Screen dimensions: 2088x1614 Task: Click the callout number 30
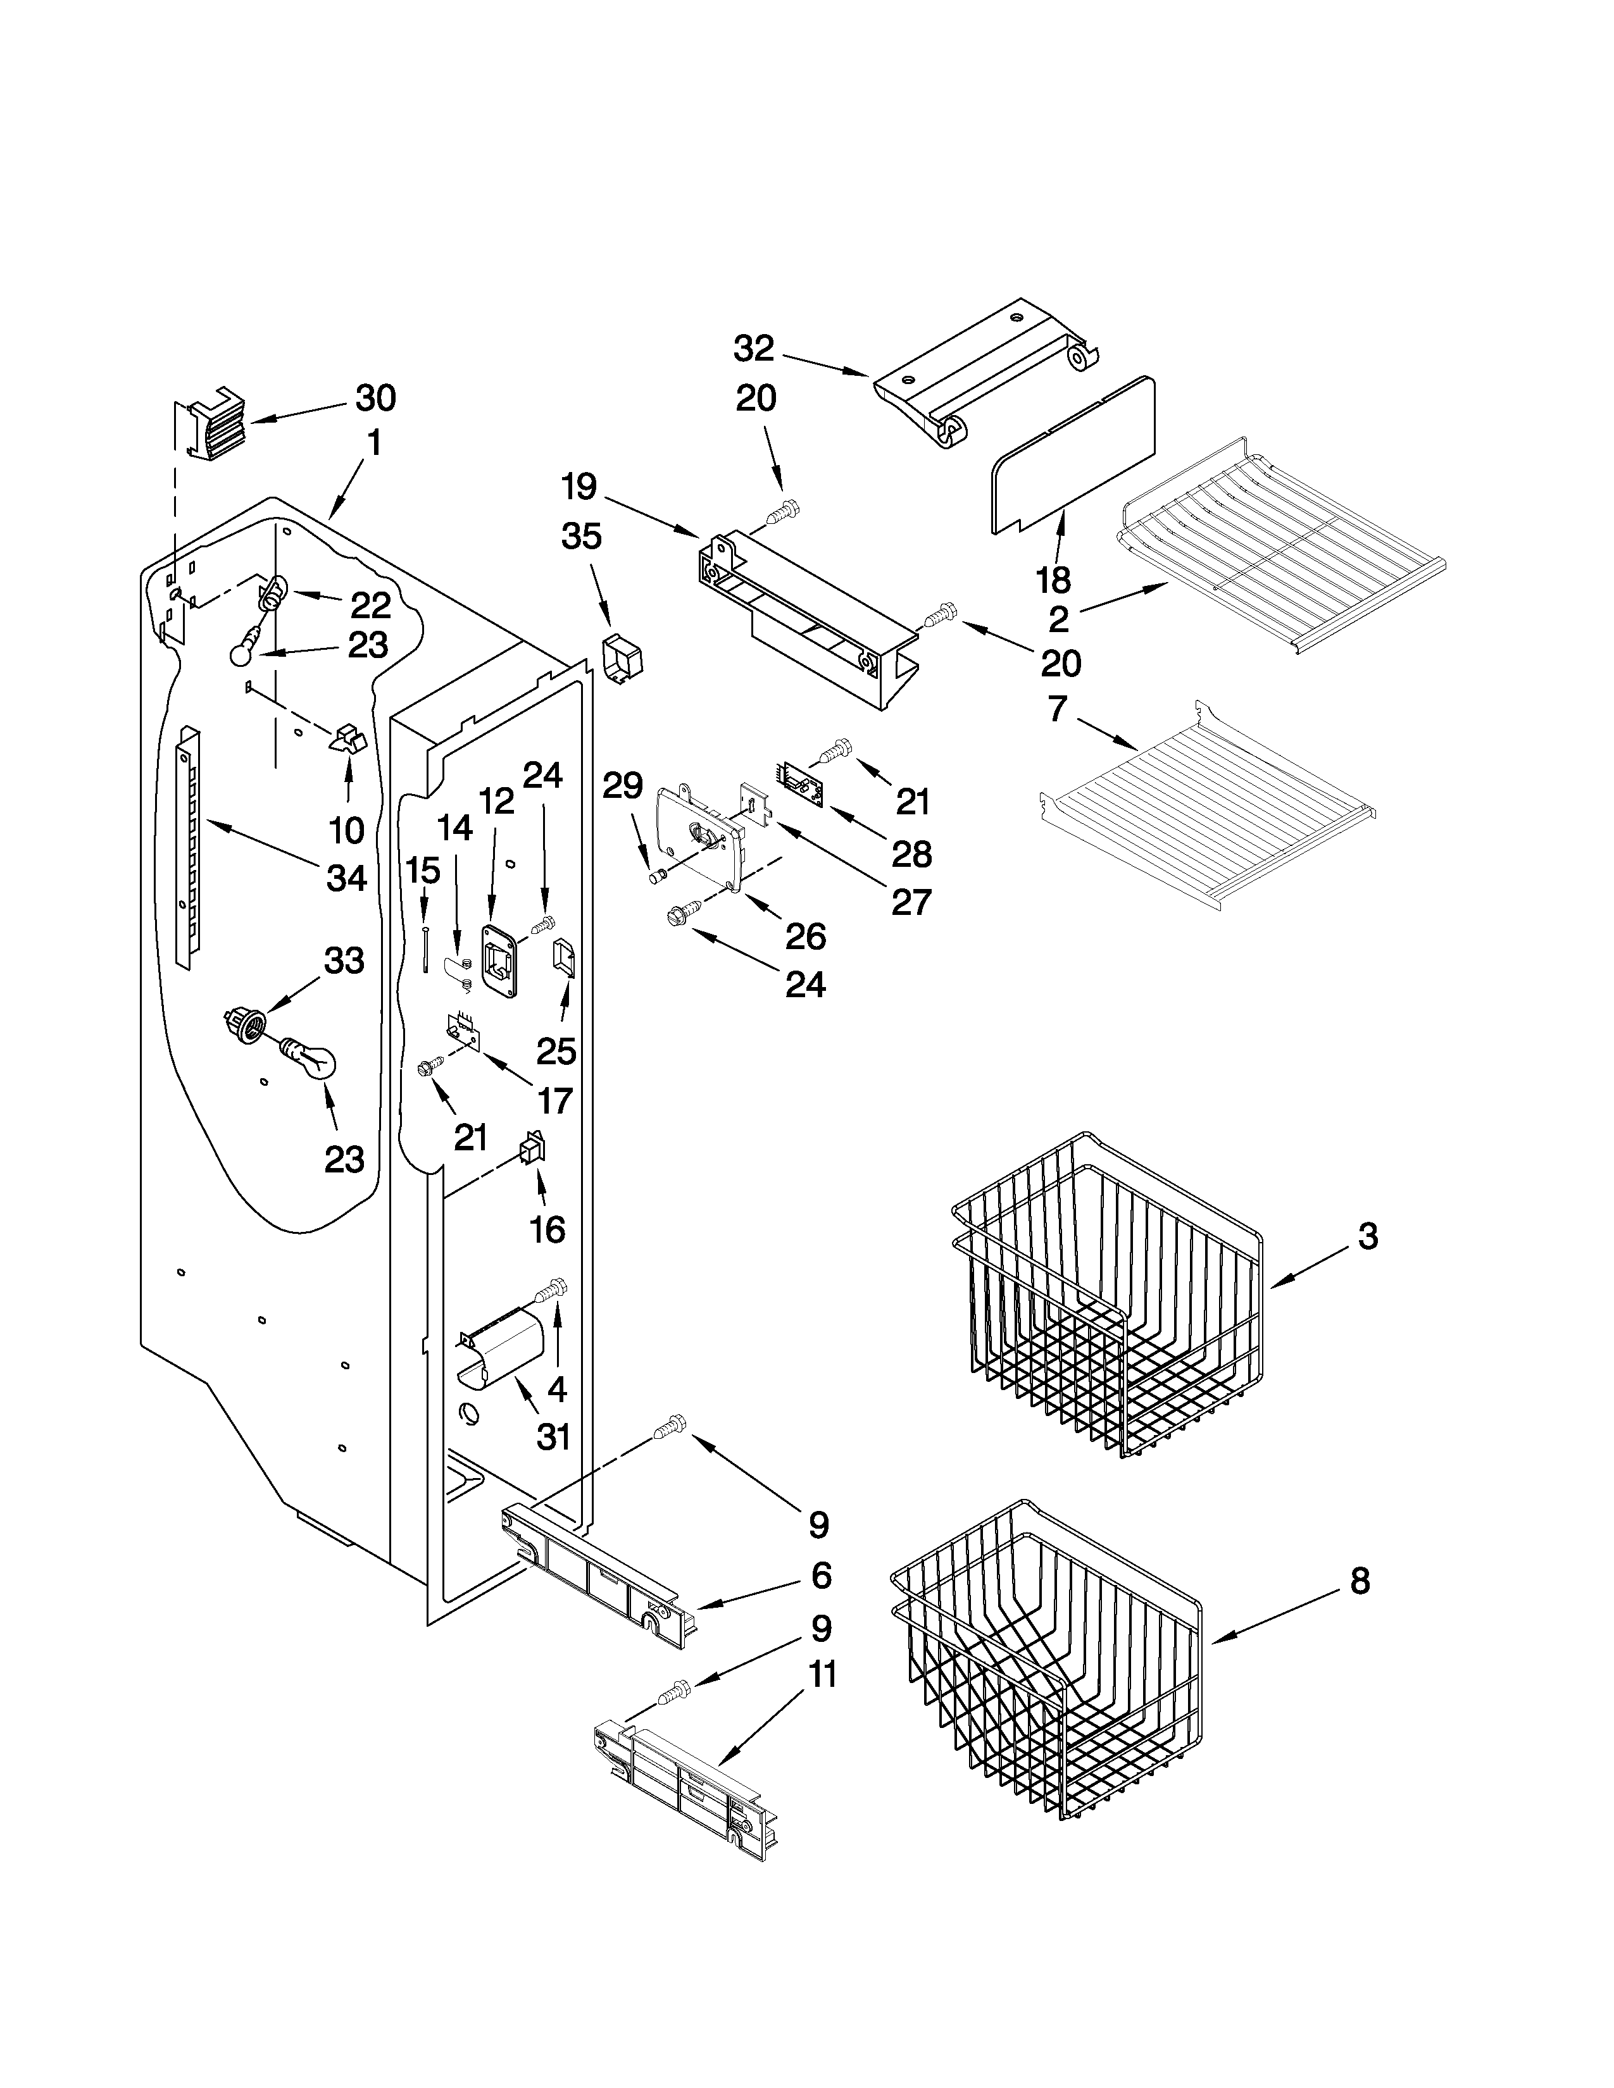click(x=376, y=398)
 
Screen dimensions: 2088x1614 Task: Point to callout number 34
click(x=346, y=877)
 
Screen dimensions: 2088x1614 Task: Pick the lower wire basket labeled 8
click(x=1047, y=1673)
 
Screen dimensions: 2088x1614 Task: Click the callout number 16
click(x=547, y=1229)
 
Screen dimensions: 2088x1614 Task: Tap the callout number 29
click(x=622, y=786)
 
